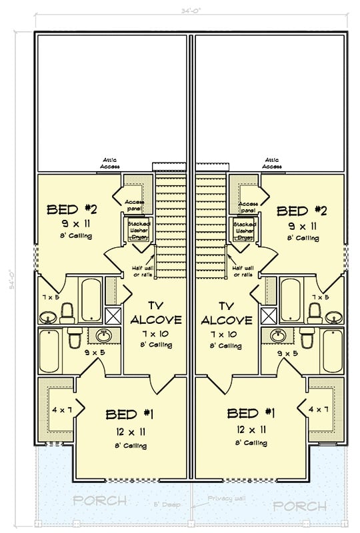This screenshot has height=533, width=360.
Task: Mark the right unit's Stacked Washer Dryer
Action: [244, 230]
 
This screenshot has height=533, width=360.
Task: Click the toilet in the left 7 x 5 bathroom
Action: [67, 312]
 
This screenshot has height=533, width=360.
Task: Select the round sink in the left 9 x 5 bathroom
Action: [105, 335]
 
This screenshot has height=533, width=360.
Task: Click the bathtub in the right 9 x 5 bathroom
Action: [332, 350]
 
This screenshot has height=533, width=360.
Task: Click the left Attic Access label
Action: [111, 163]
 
